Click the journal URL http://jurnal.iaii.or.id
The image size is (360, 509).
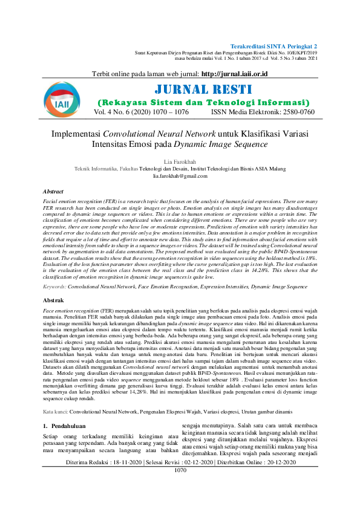[x=234, y=74]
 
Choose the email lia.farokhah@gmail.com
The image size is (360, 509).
[x=180, y=175]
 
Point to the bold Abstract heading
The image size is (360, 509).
[x=53, y=191]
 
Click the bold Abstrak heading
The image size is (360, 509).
[x=53, y=300]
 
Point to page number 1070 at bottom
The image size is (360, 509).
[x=180, y=470]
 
